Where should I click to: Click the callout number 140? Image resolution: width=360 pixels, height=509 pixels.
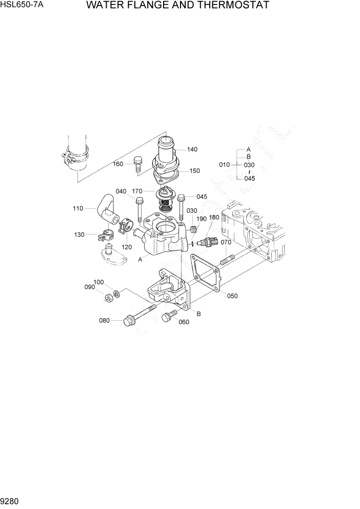[x=192, y=149]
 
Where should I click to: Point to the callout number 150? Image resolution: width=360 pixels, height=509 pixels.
[x=195, y=171]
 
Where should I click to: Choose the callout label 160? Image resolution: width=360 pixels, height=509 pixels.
[x=118, y=164]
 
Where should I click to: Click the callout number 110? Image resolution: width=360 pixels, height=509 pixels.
[x=78, y=208]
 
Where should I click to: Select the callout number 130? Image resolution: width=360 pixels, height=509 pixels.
[x=79, y=234]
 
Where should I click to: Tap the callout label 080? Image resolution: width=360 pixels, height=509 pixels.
[x=105, y=321]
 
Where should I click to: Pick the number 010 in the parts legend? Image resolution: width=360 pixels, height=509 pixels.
[x=225, y=165]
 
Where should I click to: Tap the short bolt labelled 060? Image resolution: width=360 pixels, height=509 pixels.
[x=168, y=317]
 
